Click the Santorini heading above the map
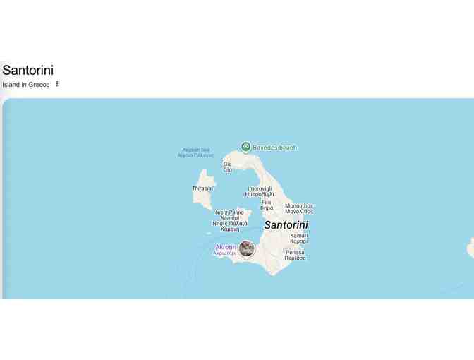point(28,70)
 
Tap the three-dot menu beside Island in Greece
point(57,84)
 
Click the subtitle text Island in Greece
point(26,85)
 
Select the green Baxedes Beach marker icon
point(245,147)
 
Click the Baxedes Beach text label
point(274,148)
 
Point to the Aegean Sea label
point(195,152)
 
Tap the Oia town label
point(227,167)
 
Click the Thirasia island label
point(202,188)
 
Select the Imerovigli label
point(260,191)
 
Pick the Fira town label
point(266,205)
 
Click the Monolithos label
point(299,208)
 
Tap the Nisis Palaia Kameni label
point(229,220)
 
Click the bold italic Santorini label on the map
point(286,225)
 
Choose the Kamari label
point(298,239)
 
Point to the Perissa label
point(295,255)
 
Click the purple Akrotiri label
point(226,249)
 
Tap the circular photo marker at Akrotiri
point(246,248)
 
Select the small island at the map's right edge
point(470,247)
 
